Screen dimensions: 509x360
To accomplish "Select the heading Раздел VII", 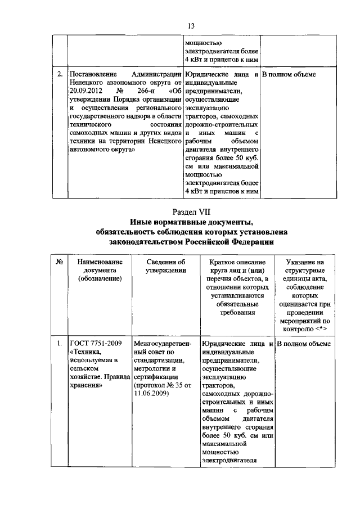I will point(191,211).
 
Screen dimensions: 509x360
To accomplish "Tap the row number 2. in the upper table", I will point(60,74).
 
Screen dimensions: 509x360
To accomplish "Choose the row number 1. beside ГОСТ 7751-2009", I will point(60,343).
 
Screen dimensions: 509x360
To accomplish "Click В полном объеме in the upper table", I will point(289,74).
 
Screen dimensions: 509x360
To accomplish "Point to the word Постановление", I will point(93,74).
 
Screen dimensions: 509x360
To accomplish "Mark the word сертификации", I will point(157,377).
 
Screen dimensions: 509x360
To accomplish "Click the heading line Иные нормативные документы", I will point(191,222).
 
